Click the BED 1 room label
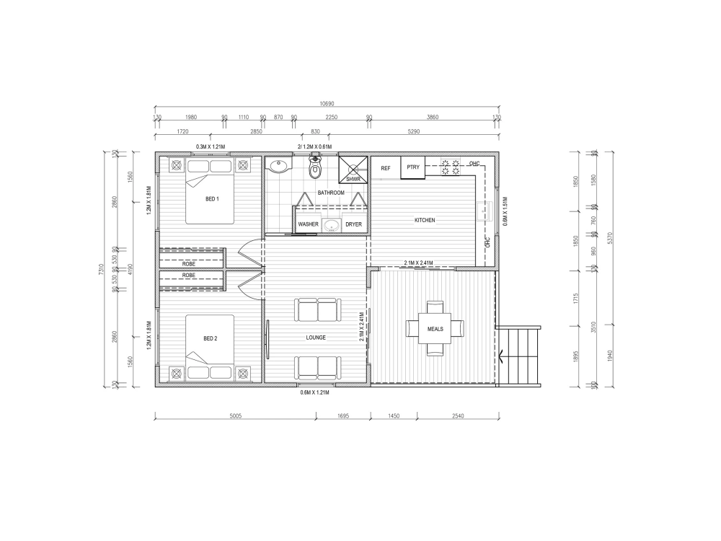(x=212, y=199)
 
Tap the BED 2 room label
(x=210, y=338)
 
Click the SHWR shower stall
(x=353, y=171)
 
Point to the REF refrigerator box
(x=386, y=168)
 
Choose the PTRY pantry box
(x=413, y=167)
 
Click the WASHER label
(x=309, y=224)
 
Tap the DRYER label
(x=353, y=224)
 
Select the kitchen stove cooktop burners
(x=451, y=167)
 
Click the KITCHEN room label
(x=425, y=220)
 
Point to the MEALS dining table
(x=435, y=328)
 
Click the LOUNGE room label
(x=316, y=338)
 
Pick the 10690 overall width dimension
(x=327, y=103)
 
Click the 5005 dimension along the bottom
(x=236, y=416)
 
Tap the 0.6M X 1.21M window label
(x=314, y=393)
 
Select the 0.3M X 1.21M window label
(x=211, y=147)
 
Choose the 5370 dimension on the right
(x=611, y=238)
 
